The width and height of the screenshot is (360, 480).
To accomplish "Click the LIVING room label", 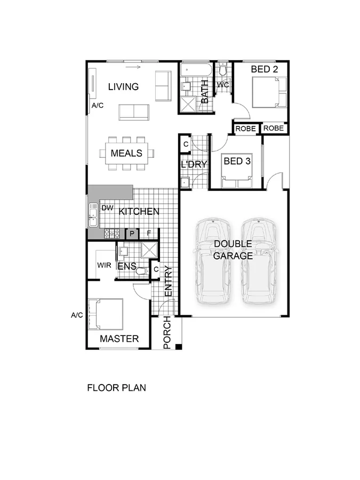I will tap(123, 87).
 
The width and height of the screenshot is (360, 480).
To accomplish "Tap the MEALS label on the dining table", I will tap(126, 154).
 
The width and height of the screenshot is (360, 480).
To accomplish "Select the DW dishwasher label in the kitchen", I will tap(107, 208).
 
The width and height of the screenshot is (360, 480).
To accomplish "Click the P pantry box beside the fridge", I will tap(132, 233).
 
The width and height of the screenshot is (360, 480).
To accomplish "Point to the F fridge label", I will tap(149, 233).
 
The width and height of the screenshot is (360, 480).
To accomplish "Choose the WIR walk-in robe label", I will tap(103, 265).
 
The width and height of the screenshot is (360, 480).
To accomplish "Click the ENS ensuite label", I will tap(126, 265).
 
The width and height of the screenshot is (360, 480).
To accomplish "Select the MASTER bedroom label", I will tap(119, 339).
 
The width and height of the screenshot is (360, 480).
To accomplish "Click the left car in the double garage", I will tap(212, 261).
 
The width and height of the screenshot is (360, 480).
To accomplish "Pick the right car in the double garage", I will tap(258, 261).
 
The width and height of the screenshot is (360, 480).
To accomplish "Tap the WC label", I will tap(223, 85).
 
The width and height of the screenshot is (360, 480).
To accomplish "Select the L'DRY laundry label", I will tap(194, 165).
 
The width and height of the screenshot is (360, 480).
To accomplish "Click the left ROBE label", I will tap(246, 129).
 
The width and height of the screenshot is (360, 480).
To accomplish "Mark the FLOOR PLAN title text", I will tap(116, 388).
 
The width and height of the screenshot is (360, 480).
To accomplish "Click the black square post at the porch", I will tap(179, 347).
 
